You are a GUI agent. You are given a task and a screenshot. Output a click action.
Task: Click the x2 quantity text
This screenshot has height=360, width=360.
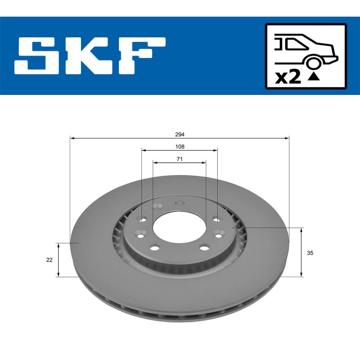click(x=288, y=77)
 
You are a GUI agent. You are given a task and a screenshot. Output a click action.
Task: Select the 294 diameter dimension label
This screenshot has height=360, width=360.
click(x=180, y=135)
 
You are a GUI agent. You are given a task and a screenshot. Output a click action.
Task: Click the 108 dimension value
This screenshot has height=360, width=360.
click(x=180, y=147)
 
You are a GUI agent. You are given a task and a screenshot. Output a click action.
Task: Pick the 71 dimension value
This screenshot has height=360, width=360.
click(x=180, y=158)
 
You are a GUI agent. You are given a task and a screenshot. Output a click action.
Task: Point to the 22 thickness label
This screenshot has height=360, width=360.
click(x=49, y=260)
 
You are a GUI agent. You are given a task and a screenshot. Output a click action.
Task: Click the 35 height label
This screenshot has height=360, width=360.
click(x=310, y=253)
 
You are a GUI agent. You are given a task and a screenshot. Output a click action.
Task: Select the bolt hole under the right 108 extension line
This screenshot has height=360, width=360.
click(x=216, y=220)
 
